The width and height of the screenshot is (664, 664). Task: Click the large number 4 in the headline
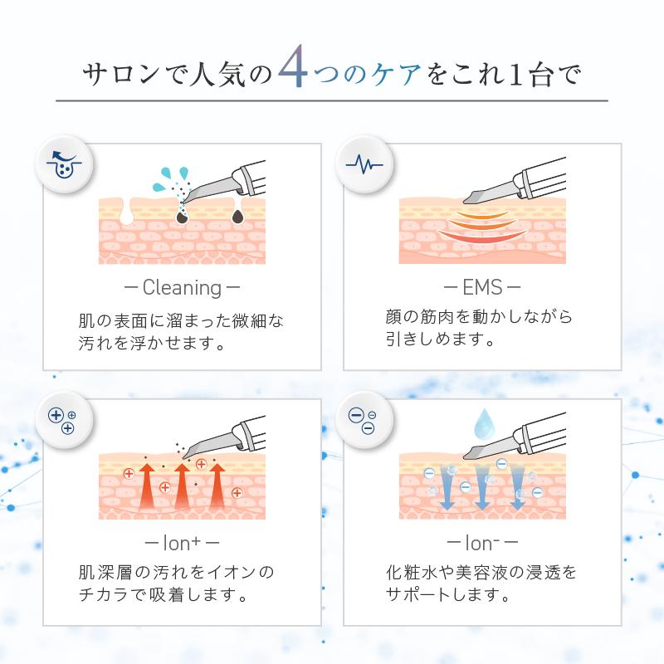click(293, 66)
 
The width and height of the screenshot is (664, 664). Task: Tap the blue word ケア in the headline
click(396, 76)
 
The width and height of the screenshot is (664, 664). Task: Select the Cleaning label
click(182, 288)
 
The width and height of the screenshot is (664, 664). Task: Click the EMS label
click(482, 287)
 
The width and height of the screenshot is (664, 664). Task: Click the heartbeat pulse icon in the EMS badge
click(364, 164)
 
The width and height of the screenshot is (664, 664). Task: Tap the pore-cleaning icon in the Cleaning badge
click(64, 164)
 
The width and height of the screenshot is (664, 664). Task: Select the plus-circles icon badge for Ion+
click(63, 421)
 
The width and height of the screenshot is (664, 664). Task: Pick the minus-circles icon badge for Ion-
click(364, 421)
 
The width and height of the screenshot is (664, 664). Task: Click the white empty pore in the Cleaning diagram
click(126, 212)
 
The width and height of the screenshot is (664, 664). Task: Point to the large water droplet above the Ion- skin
click(483, 424)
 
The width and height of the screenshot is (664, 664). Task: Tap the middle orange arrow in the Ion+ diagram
click(182, 486)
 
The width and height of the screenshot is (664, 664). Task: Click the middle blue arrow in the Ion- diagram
click(482, 487)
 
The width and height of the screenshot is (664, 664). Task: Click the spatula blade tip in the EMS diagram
click(465, 201)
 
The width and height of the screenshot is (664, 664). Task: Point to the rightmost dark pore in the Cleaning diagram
click(237, 216)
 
